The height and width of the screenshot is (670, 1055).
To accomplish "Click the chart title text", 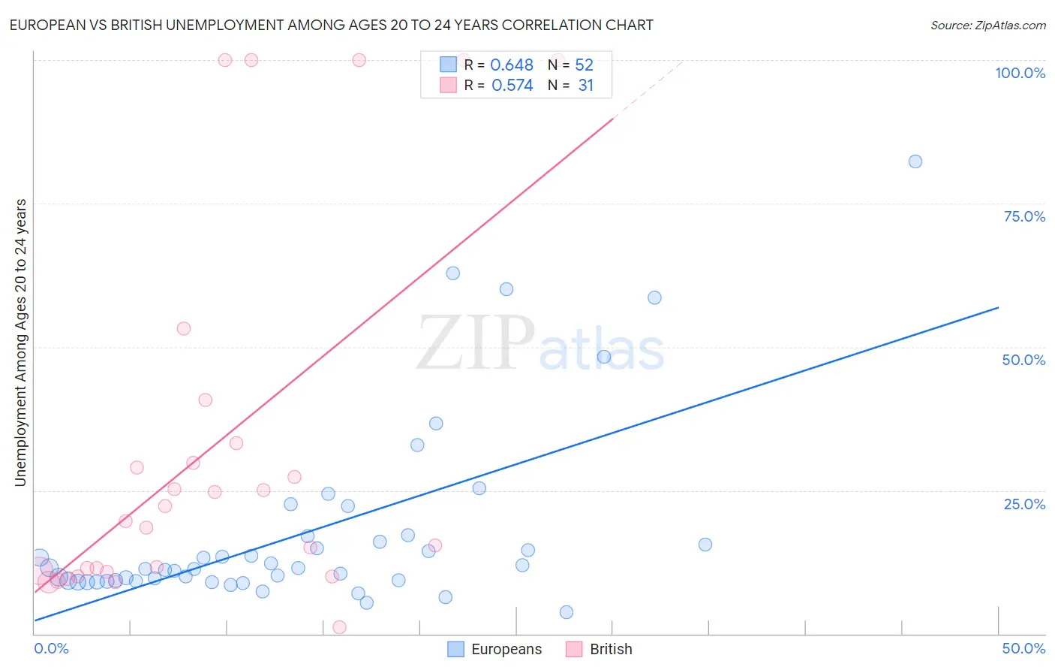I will click(x=331, y=25).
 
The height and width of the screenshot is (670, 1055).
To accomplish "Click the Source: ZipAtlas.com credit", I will click(x=987, y=25).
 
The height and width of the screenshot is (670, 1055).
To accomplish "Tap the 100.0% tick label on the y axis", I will click(x=1020, y=73).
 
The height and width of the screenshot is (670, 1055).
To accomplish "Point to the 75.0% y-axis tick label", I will click(x=1024, y=216).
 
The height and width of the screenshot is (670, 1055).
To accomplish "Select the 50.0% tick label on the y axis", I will click(x=1023, y=360).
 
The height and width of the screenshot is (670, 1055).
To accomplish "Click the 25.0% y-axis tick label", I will click(x=1024, y=504).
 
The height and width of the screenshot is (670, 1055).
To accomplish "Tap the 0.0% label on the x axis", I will click(x=51, y=648).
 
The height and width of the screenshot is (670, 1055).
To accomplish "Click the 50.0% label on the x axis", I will click(x=1023, y=648).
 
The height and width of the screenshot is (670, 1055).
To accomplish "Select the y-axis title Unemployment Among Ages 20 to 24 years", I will click(x=21, y=343).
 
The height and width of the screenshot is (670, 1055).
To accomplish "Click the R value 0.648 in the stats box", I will click(x=512, y=65).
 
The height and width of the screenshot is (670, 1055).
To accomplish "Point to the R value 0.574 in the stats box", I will click(x=512, y=86).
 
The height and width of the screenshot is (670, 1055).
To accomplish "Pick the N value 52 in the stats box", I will click(x=584, y=65).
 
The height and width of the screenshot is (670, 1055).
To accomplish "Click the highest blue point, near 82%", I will click(x=915, y=161).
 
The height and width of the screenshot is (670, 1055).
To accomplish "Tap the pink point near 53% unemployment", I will click(x=184, y=328).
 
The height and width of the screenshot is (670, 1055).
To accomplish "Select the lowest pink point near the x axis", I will click(x=339, y=627).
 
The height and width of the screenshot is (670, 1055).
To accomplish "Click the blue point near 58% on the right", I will click(x=654, y=297).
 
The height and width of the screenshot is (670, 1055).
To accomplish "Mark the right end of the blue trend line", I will click(x=998, y=307).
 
